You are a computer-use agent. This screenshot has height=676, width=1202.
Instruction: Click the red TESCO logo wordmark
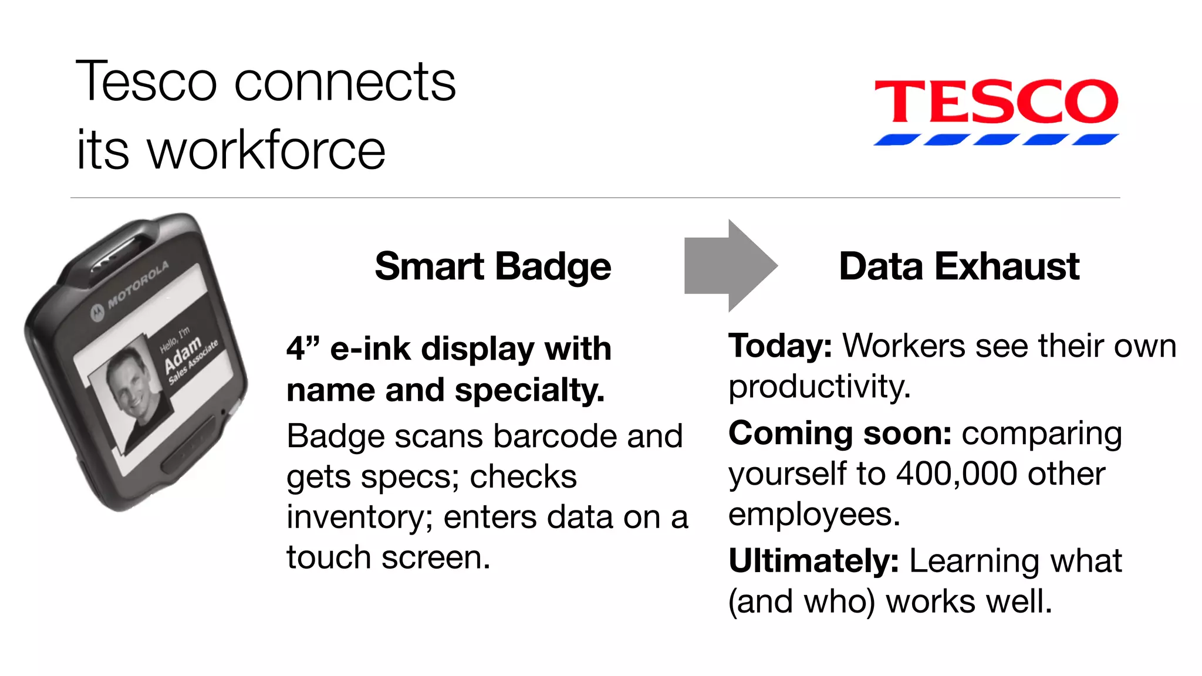(x=996, y=102)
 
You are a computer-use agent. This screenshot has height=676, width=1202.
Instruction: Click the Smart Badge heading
(x=493, y=267)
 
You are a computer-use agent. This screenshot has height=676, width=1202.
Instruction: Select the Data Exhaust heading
(x=959, y=267)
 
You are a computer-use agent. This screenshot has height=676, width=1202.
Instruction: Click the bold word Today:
(x=780, y=346)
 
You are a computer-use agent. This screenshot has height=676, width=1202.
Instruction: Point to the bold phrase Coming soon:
(x=840, y=434)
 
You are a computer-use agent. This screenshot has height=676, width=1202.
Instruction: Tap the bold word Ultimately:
(x=813, y=561)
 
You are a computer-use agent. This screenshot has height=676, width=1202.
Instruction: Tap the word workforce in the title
(x=266, y=150)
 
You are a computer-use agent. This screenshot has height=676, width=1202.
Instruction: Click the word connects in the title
(x=345, y=82)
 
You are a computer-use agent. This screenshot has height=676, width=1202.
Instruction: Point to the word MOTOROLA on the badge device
(x=138, y=285)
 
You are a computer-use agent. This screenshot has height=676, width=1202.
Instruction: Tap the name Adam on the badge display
(x=183, y=355)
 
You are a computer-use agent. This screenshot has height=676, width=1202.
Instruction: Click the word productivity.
(x=819, y=387)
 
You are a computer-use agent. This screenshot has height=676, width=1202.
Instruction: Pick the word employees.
(x=814, y=515)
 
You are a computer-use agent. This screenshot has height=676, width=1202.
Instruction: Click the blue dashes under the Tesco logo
(x=996, y=140)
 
